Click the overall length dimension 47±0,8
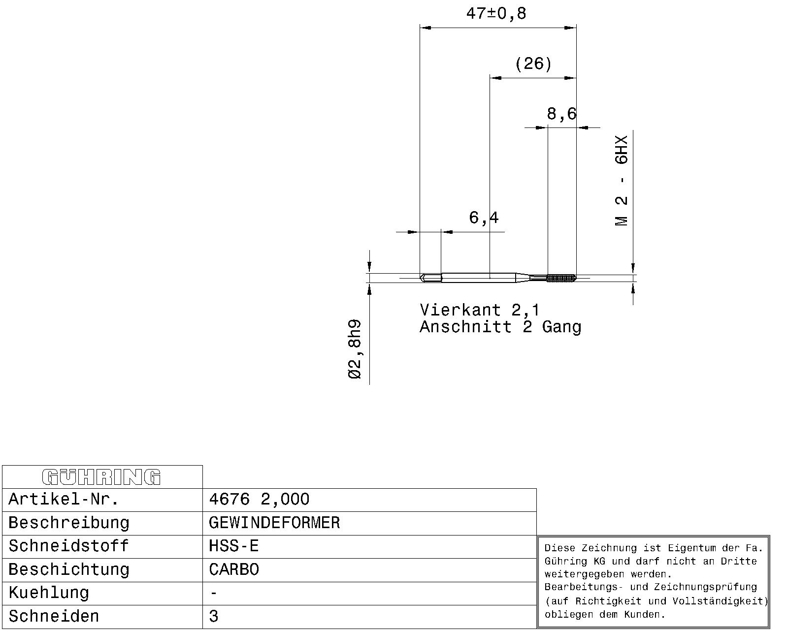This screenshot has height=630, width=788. click(496, 14)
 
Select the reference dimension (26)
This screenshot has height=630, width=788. click(533, 64)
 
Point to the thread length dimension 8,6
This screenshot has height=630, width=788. click(562, 114)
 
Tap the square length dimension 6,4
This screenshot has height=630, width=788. click(484, 218)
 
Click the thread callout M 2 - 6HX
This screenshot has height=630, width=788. click(622, 181)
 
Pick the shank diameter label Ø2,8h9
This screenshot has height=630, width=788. click(355, 349)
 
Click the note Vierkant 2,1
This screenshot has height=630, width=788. click(480, 311)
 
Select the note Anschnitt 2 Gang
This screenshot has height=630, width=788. click(500, 327)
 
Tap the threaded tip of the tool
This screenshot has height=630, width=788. click(561, 278)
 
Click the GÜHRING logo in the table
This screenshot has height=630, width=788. click(101, 477)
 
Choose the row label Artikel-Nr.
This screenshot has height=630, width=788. click(64, 499)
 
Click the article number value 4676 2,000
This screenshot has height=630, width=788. click(259, 499)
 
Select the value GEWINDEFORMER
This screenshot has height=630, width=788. click(274, 523)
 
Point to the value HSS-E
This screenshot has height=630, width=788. click(233, 546)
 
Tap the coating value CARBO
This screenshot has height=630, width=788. click(234, 569)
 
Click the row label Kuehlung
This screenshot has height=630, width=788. click(49, 593)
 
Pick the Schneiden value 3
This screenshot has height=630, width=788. click(214, 616)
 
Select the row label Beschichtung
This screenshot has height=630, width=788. click(69, 570)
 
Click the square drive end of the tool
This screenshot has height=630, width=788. click(431, 278)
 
